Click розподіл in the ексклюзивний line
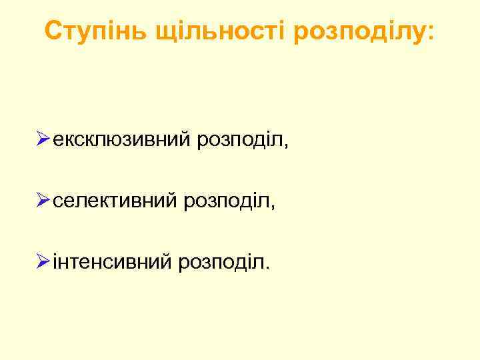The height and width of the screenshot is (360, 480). (x=239, y=141)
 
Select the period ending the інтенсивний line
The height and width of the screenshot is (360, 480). (x=268, y=267)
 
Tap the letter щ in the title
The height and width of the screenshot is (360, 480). (x=164, y=32)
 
